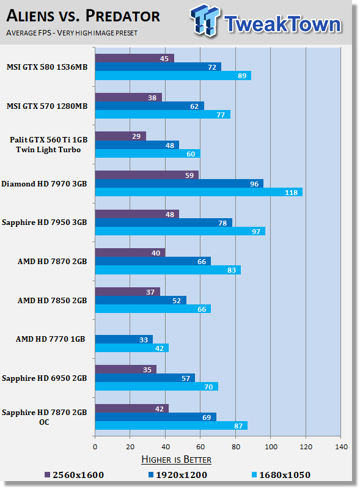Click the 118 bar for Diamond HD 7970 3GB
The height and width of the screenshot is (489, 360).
(199, 192)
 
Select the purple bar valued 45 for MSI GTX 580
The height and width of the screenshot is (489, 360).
(134, 58)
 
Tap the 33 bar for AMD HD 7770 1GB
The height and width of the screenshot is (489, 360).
(124, 339)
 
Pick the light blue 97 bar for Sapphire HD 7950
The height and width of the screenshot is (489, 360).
(180, 231)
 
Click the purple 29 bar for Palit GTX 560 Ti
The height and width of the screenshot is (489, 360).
(120, 136)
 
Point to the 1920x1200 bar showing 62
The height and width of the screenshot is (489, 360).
(149, 106)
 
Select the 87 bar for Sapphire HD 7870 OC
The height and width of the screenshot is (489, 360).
(171, 425)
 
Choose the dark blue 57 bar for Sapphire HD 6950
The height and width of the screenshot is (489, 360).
(145, 378)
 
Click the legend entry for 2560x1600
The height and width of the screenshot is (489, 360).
(74, 475)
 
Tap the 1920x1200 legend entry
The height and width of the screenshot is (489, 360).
(178, 475)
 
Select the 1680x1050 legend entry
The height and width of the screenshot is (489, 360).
(281, 475)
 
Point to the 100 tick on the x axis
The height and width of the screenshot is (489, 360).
(271, 447)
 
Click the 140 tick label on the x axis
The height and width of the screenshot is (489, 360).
(341, 447)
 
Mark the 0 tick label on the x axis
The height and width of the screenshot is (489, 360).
(95, 447)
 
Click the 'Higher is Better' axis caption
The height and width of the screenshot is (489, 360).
(176, 460)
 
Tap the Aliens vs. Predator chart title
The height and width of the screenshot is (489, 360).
(83, 16)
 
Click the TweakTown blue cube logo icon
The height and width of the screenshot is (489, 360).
(205, 20)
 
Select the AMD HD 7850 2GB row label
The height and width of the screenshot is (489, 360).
(52, 300)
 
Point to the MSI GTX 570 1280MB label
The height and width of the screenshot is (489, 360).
(47, 106)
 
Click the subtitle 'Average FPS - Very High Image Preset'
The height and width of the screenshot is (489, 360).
(72, 33)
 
